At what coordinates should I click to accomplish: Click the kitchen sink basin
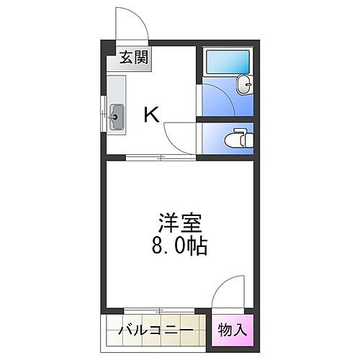(x=117, y=116)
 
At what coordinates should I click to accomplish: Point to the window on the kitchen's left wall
(x=101, y=115)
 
